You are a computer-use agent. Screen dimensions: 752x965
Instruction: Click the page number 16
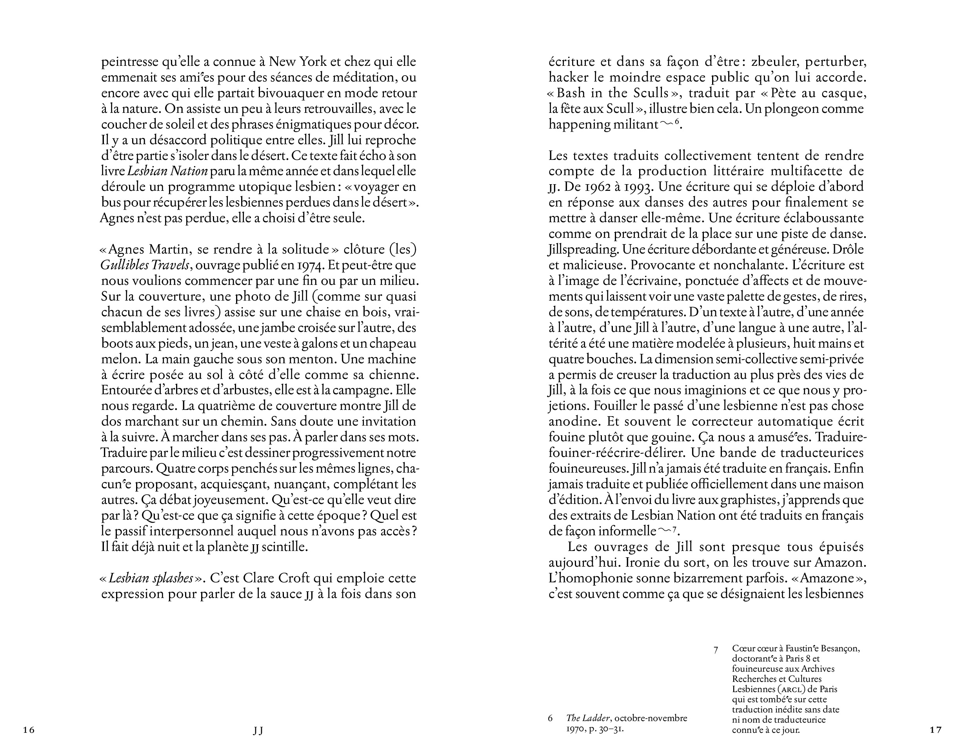tap(28, 730)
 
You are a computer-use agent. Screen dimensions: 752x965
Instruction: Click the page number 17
tap(936, 730)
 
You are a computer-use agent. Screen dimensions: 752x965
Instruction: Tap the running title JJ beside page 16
tap(258, 730)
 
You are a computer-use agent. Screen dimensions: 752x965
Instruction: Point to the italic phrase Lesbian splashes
tap(151, 578)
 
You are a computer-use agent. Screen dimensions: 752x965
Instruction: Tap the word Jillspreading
tap(583, 250)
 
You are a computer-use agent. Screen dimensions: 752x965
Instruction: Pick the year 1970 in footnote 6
tap(576, 728)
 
